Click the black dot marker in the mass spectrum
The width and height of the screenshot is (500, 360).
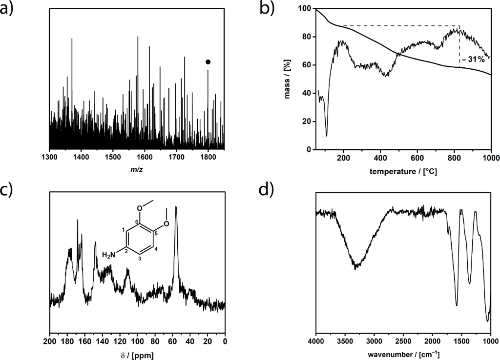208,62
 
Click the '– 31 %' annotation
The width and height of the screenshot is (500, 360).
473,60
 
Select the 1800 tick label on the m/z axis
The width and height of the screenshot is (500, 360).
208,157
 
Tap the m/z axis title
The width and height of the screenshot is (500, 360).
137,170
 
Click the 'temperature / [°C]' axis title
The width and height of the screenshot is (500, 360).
403,171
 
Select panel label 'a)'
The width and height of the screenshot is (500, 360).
11,9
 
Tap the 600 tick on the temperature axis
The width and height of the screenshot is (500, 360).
417,158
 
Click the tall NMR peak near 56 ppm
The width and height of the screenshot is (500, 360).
176,207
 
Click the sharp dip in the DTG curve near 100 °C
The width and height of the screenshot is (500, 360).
327,136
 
